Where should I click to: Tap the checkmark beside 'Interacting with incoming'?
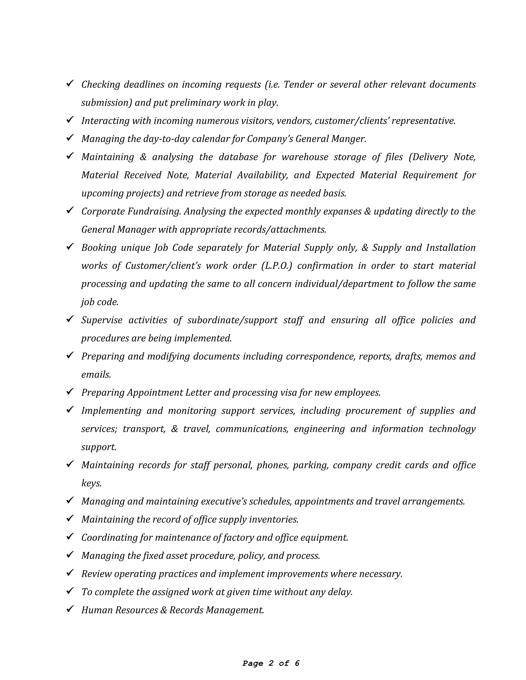pyautogui.click(x=70, y=120)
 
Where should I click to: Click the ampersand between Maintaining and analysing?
pyautogui.click(x=143, y=157)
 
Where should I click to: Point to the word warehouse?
pyautogui.click(x=304, y=157)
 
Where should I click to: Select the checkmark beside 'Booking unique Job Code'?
pyautogui.click(x=70, y=247)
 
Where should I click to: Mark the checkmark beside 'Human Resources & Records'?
pyautogui.click(x=70, y=609)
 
